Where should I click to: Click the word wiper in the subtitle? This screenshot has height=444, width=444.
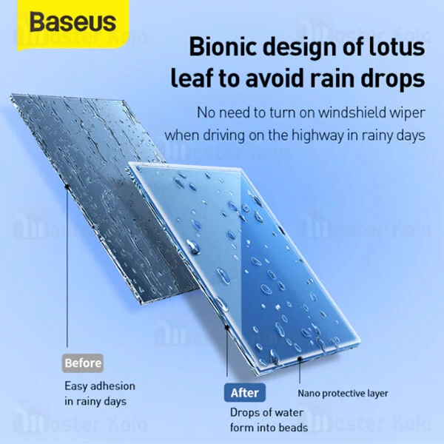click(x=405, y=113)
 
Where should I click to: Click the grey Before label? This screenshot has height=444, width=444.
click(x=83, y=363)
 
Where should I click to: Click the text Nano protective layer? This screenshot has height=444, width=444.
click(x=343, y=394)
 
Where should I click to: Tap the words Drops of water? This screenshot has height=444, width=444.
click(x=263, y=413)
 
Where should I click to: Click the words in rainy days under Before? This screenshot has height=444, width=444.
click(x=95, y=402)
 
